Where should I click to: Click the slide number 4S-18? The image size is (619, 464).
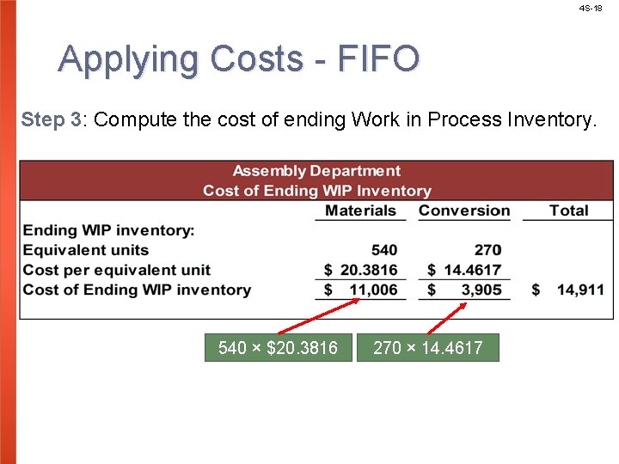(591, 8)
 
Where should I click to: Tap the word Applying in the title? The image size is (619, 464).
(130, 59)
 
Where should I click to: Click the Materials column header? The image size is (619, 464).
(360, 211)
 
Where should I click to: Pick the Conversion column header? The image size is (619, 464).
(464, 211)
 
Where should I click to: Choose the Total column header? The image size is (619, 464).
(568, 211)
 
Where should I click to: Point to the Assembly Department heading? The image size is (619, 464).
(316, 171)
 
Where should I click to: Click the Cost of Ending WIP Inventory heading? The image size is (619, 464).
(316, 191)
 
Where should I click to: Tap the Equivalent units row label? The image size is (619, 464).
(85, 250)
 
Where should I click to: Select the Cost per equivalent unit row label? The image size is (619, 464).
(116, 270)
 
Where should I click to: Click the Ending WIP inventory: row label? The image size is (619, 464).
(108, 230)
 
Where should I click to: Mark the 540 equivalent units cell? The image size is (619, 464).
(384, 250)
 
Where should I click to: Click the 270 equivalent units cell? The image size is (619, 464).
(487, 250)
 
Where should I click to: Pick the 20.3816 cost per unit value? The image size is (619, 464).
(369, 270)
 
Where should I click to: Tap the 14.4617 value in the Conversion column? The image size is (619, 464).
(472, 270)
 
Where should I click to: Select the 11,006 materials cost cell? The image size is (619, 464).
(371, 290)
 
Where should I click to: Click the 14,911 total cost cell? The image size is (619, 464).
(580, 290)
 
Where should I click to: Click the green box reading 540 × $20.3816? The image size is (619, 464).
(278, 348)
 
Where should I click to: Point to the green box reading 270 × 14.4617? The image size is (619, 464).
(427, 348)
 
